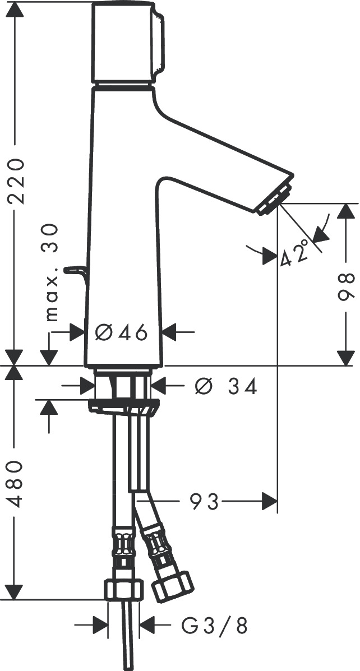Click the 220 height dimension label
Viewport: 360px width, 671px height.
[15, 182]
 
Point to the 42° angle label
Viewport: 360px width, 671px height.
[295, 252]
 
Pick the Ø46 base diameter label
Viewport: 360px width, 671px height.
[121, 333]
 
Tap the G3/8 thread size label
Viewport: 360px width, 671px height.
[215, 625]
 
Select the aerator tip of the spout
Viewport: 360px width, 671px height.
[275, 199]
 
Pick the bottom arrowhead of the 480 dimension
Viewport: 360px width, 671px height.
[15, 591]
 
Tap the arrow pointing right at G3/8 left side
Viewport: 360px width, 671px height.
[99, 625]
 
